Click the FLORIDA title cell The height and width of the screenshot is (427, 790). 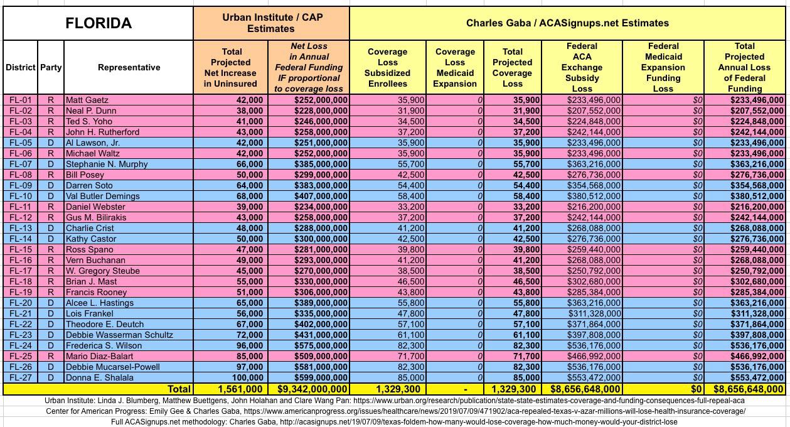pos(99,23)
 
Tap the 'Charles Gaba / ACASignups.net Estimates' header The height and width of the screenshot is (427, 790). pos(567,23)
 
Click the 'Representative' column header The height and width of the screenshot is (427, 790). pos(129,67)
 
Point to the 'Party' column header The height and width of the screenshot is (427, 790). pos(51,67)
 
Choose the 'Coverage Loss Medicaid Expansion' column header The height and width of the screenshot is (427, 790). pos(455,67)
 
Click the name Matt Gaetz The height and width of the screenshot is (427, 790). pos(87,100)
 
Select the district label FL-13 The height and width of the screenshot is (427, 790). pos(20,228)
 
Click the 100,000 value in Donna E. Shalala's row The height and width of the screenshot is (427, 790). pos(242,377)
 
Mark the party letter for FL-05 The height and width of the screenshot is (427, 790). pos(51,143)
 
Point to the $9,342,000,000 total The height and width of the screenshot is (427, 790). pos(309,389)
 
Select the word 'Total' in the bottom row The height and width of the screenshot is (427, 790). pos(178,389)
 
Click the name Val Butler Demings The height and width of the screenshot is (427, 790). pos(103,196)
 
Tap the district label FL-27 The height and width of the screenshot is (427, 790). pos(20,377)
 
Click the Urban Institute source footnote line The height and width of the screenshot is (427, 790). pos(395,401)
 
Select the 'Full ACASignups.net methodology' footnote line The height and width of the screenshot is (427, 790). pos(395,422)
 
